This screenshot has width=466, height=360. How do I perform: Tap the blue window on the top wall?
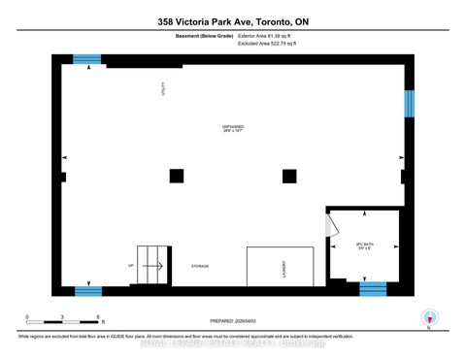88,59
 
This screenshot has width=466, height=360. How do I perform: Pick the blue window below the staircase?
88,289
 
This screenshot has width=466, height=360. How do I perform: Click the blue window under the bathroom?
373,288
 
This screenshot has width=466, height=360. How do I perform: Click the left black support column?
176,176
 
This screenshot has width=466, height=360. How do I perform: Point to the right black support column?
288,176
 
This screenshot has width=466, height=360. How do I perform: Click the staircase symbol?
150,261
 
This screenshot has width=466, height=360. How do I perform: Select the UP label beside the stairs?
131,264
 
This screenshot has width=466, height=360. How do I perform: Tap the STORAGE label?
200,266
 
